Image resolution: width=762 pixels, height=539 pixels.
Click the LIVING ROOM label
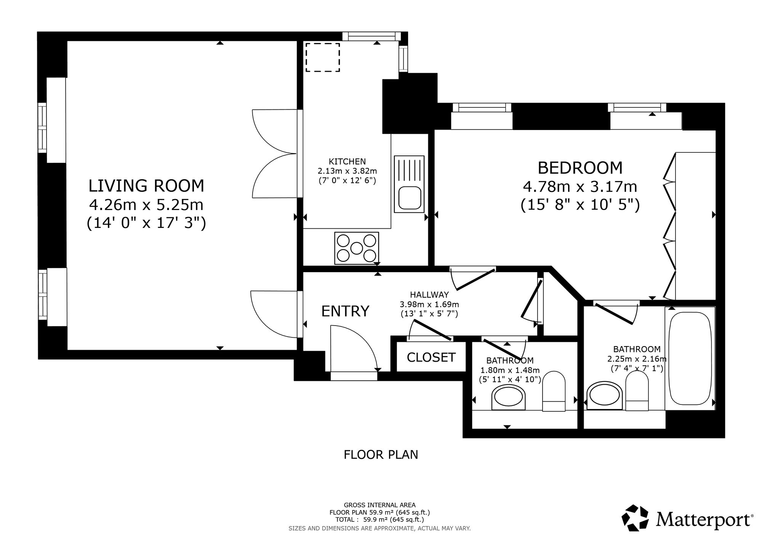pos(146,186)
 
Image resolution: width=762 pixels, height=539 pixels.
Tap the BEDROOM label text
pos(580,168)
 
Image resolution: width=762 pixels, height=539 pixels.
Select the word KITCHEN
pos(347,162)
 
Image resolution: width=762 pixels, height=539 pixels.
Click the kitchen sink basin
pos(410,198)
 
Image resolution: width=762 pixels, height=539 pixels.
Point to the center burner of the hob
pos(356,249)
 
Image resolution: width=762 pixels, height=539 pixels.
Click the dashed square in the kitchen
pos(323,58)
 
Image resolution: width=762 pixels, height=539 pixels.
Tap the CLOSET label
pos(431,357)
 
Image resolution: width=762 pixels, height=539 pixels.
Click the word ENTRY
pos(345,311)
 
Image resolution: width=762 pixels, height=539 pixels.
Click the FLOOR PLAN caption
pos(381,455)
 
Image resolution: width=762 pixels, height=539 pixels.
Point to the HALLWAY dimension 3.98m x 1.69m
pos(429,304)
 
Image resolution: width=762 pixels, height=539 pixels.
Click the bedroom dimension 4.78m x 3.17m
pos(580,187)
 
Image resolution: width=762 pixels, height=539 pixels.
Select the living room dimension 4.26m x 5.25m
pos(146,205)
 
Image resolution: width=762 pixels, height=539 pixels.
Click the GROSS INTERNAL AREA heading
pos(379,505)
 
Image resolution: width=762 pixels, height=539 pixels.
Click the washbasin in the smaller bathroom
pos(508,397)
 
